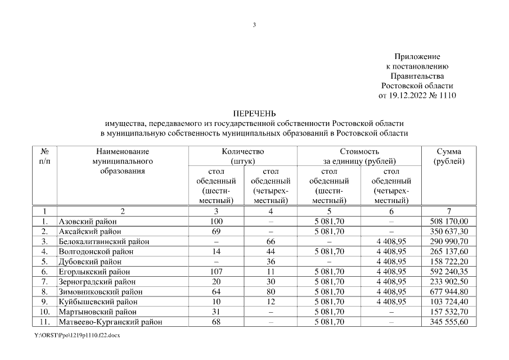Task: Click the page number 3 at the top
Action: click(254, 25)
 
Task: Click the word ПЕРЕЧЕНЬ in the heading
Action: click(254, 114)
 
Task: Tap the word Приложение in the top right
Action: click(417, 57)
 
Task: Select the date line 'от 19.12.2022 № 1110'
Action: click(417, 95)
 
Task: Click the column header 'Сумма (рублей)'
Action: click(449, 156)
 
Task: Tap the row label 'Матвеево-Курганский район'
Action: click(111, 322)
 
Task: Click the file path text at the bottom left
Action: click(77, 335)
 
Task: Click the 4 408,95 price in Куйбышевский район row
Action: click(391, 302)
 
